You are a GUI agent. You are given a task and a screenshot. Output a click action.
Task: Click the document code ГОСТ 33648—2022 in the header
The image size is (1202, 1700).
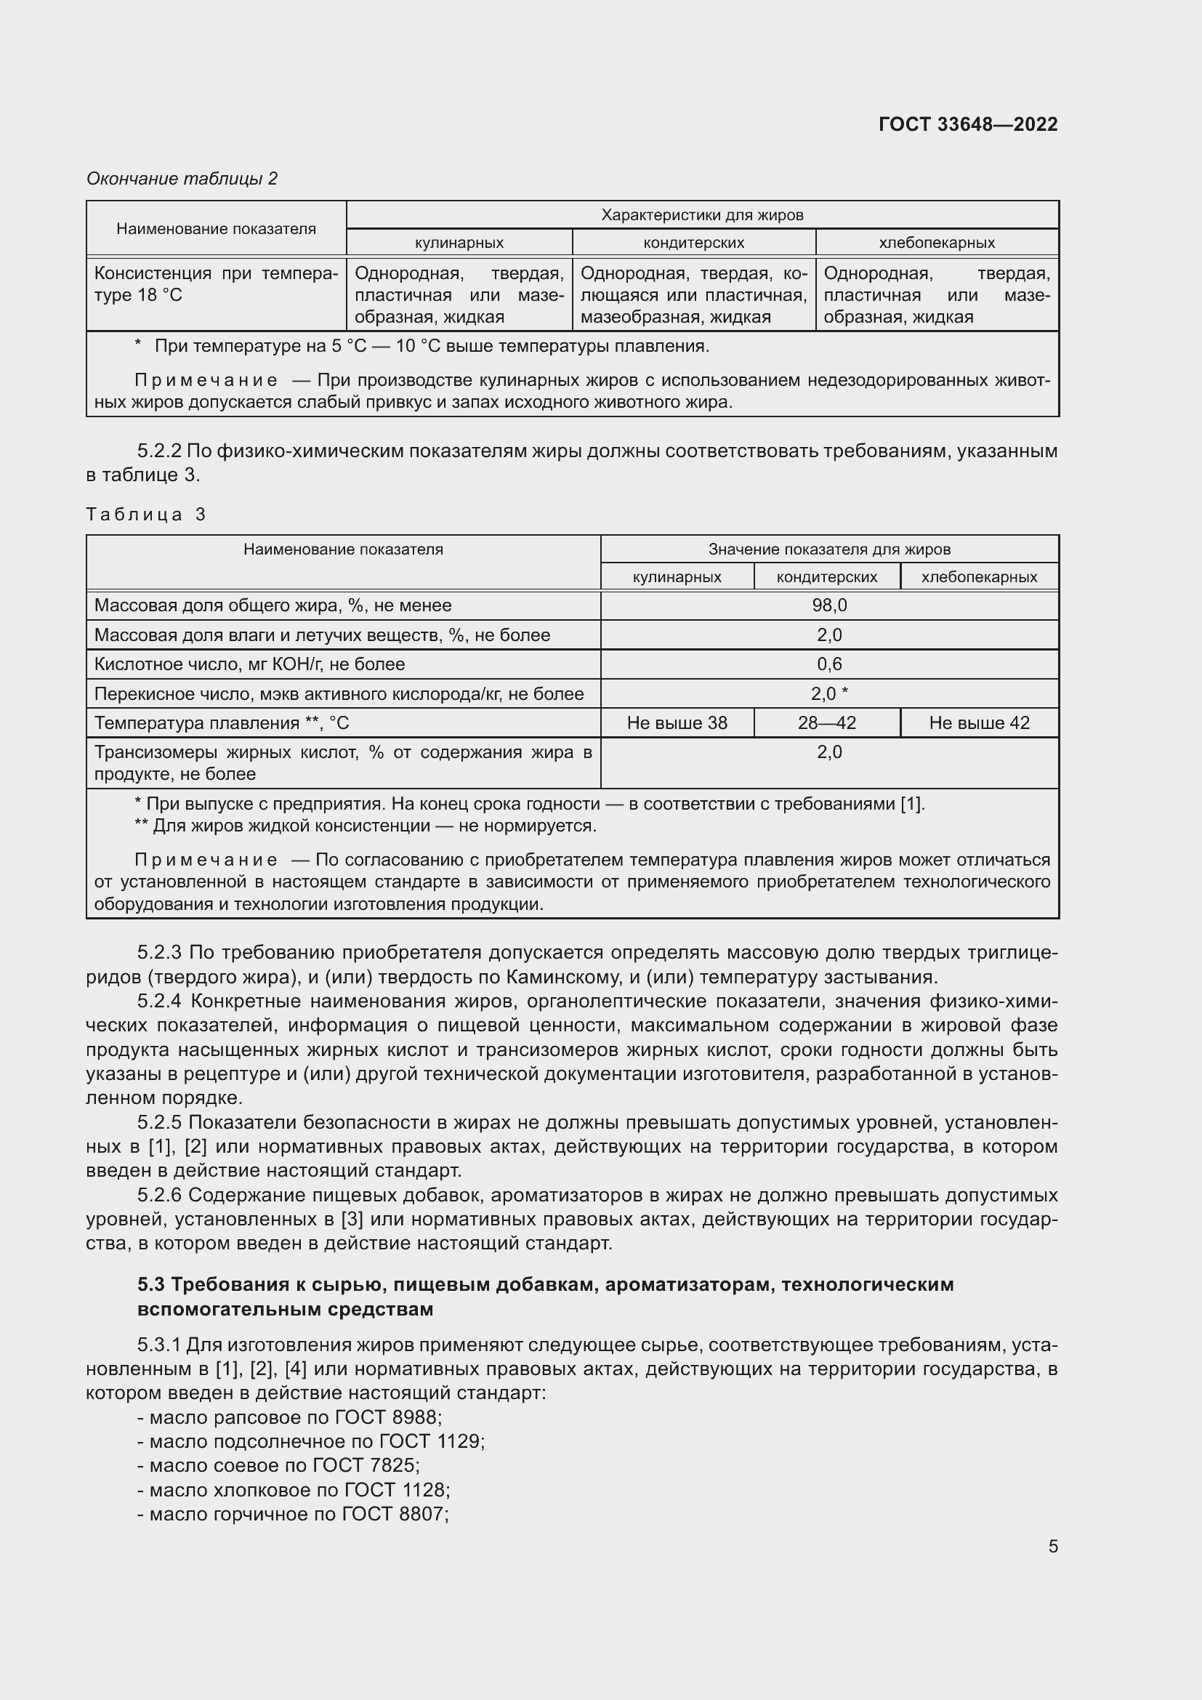pyautogui.click(x=967, y=124)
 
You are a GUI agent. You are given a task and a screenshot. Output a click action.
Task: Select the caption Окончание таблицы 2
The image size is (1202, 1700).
pyautogui.click(x=182, y=179)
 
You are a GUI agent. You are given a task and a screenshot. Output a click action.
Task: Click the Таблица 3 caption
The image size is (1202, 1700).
pyautogui.click(x=146, y=515)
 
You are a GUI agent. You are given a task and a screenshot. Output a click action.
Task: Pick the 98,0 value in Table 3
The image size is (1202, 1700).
pyautogui.click(x=829, y=605)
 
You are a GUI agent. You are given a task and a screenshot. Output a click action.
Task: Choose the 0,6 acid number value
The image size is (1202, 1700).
pyautogui.click(x=829, y=664)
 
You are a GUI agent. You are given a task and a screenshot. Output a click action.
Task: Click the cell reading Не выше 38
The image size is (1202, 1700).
pyautogui.click(x=677, y=722)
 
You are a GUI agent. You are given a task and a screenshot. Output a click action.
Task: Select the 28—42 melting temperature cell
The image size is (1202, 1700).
pyautogui.click(x=827, y=722)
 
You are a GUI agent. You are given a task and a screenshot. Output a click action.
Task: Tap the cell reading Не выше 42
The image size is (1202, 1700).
pyautogui.click(x=978, y=722)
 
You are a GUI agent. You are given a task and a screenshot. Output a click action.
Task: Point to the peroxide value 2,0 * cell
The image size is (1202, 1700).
pyautogui.click(x=829, y=694)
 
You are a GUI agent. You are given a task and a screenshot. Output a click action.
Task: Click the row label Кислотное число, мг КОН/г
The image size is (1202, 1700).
pyautogui.click(x=249, y=664)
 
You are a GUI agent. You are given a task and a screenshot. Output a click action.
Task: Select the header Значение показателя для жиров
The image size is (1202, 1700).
pyautogui.click(x=829, y=549)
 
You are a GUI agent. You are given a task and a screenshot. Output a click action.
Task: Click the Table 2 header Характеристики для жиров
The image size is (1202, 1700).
pyautogui.click(x=702, y=214)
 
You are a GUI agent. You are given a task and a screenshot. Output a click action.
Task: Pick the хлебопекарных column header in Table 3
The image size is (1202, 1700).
pyautogui.click(x=978, y=577)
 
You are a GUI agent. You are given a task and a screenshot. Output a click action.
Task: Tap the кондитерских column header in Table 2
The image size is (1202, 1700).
pyautogui.click(x=693, y=243)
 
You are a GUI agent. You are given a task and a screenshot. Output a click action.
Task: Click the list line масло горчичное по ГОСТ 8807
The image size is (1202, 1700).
pyautogui.click(x=293, y=1514)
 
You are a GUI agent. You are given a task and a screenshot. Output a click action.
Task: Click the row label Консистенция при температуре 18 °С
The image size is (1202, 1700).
pyautogui.click(x=215, y=284)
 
